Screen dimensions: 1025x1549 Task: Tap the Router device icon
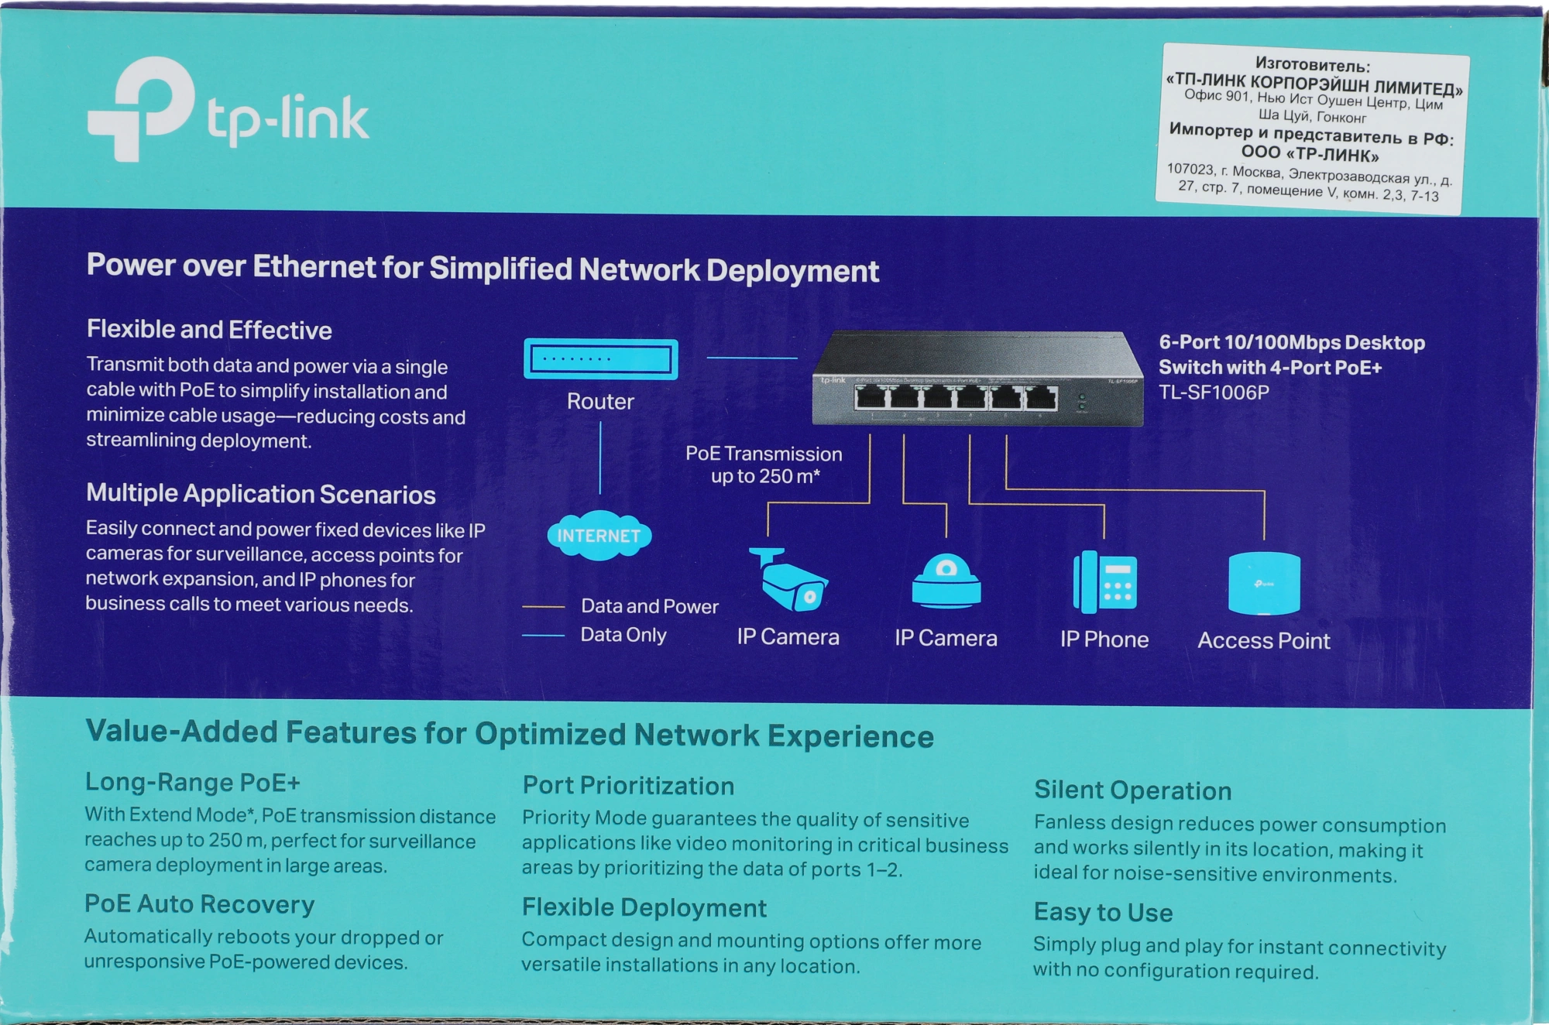click(x=600, y=359)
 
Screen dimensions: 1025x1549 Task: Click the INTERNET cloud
click(x=599, y=535)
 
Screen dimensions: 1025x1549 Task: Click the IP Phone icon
click(x=1104, y=582)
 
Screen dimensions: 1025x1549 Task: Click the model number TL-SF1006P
click(x=1214, y=393)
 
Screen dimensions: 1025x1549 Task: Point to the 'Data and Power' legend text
click(x=649, y=606)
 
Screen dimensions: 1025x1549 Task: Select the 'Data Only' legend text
click(x=623, y=635)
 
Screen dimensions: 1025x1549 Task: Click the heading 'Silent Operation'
click(x=1132, y=790)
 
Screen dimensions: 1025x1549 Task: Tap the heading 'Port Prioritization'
click(x=628, y=786)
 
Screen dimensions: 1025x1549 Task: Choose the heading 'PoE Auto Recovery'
click(x=199, y=904)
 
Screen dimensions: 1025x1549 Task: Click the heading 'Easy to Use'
click(x=1103, y=912)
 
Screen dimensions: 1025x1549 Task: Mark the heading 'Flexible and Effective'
click(x=209, y=330)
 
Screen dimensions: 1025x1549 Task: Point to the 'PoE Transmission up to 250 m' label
click(x=764, y=465)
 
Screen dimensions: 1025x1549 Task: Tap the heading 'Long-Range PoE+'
click(x=192, y=782)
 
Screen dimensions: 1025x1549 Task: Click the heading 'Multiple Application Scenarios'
click(x=261, y=494)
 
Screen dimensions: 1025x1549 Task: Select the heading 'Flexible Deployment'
click(x=644, y=907)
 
